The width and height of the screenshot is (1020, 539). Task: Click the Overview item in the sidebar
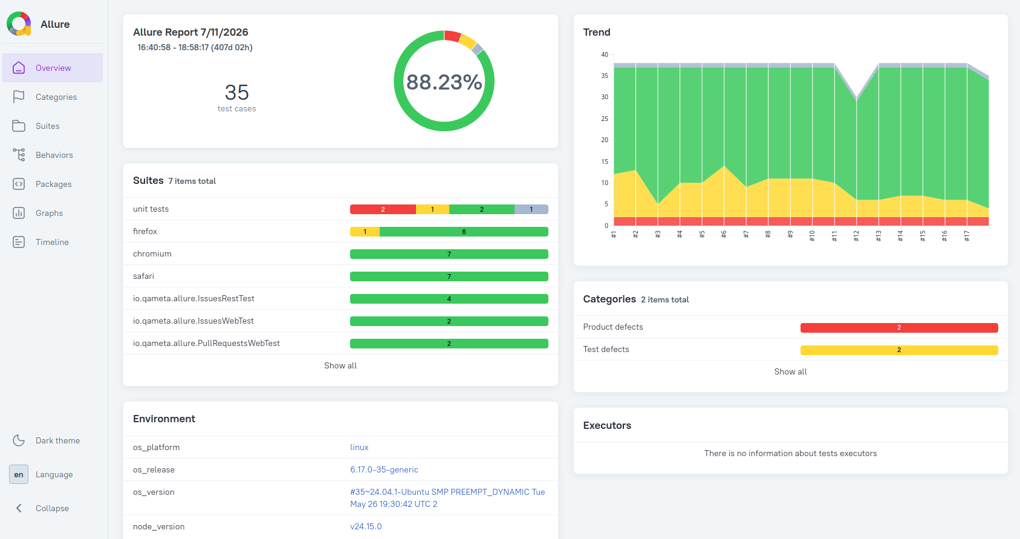pyautogui.click(x=53, y=68)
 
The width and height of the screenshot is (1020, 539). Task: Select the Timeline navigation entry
pyautogui.click(x=53, y=242)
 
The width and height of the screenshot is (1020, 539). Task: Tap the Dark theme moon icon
pyautogui.click(x=19, y=440)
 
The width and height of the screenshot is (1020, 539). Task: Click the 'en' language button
pyautogui.click(x=19, y=474)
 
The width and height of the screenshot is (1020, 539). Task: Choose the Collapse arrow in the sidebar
pyautogui.click(x=19, y=508)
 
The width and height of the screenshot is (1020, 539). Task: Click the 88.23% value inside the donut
pyautogui.click(x=444, y=82)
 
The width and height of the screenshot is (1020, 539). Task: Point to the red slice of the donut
pyautogui.click(x=453, y=36)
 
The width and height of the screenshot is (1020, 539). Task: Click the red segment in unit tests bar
pyautogui.click(x=383, y=209)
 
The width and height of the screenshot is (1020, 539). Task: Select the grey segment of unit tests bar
pyautogui.click(x=531, y=209)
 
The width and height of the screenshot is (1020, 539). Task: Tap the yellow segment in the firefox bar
pyautogui.click(x=365, y=232)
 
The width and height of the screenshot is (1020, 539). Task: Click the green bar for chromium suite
pyautogui.click(x=449, y=254)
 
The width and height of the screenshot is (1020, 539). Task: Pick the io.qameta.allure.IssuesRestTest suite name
pyautogui.click(x=193, y=298)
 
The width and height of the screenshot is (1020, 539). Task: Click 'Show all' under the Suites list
pyautogui.click(x=340, y=365)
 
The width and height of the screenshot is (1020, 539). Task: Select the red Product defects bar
pyautogui.click(x=899, y=328)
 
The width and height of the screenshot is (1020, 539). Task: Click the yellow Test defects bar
pyautogui.click(x=899, y=350)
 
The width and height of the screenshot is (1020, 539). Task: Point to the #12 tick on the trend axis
pyautogui.click(x=856, y=235)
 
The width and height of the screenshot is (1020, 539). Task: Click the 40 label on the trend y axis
pyautogui.click(x=604, y=54)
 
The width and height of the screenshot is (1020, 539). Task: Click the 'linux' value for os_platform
pyautogui.click(x=359, y=448)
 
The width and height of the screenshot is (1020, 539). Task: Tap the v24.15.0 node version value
pyautogui.click(x=366, y=527)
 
